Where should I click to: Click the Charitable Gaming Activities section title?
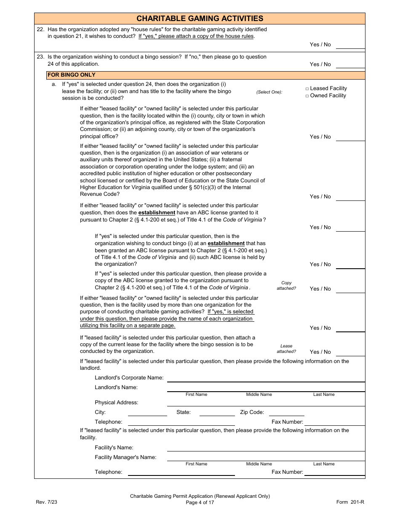(200, 19)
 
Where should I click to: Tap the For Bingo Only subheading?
(72, 75)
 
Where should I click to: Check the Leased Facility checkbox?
(307, 89)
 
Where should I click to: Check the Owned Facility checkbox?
(307, 96)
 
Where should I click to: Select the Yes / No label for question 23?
(320, 64)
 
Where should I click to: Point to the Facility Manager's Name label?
(125, 457)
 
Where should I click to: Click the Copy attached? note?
(286, 286)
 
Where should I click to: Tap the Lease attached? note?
(286, 349)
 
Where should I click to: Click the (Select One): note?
(269, 92)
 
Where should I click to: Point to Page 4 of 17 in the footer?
(200, 502)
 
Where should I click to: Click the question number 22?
(40, 29)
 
